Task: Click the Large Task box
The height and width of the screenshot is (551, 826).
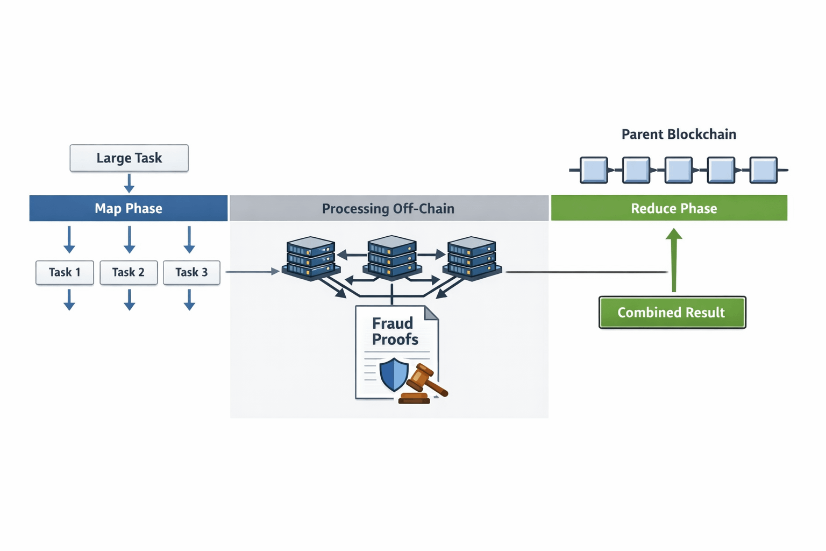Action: click(x=129, y=158)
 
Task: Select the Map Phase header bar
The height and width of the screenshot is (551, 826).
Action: click(x=129, y=208)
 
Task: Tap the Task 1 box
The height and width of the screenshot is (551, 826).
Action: click(x=65, y=272)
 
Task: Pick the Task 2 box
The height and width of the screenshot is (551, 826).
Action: click(x=129, y=272)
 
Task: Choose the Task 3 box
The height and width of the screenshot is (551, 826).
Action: click(x=191, y=272)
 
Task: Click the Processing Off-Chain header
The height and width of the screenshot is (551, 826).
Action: click(x=388, y=208)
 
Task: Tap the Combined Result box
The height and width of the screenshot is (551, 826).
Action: click(x=672, y=312)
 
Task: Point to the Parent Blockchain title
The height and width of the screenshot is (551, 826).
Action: click(x=679, y=134)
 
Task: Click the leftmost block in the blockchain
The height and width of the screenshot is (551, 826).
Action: click(x=594, y=170)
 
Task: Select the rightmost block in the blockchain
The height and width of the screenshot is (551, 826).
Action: click(x=764, y=170)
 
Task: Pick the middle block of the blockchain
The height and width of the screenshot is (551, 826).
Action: click(x=679, y=170)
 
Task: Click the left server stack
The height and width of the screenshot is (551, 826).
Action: click(x=311, y=258)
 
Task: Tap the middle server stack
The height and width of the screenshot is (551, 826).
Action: click(x=391, y=257)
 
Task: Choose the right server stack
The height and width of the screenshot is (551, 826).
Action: click(x=472, y=258)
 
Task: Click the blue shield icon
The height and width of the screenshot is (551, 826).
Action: click(x=394, y=374)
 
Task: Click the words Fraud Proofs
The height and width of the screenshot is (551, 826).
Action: click(x=395, y=331)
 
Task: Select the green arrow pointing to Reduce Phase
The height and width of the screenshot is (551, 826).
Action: click(x=674, y=261)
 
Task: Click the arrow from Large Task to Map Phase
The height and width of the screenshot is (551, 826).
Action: click(x=129, y=183)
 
